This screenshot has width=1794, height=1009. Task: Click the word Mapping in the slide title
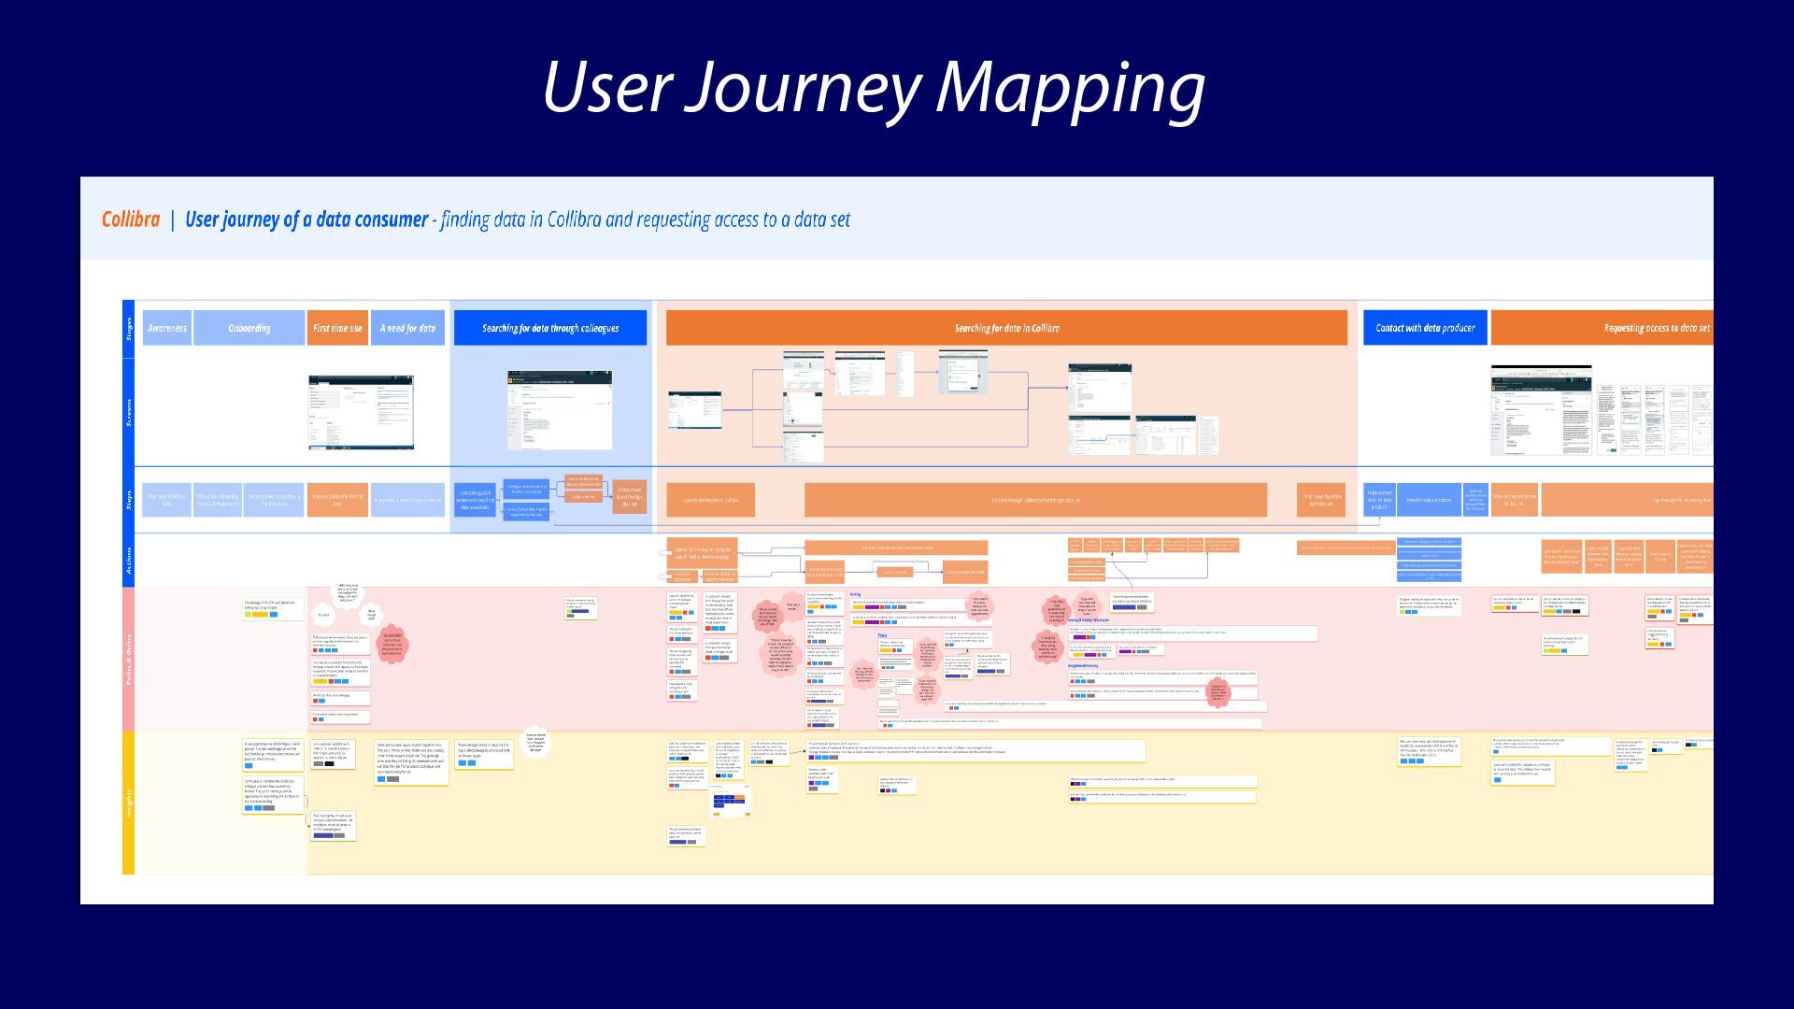click(x=1070, y=88)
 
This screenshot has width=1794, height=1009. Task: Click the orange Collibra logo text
click(x=131, y=220)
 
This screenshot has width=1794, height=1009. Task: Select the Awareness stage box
click(x=167, y=328)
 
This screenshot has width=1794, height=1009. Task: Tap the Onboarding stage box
click(x=249, y=328)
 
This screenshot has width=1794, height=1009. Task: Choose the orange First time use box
click(x=337, y=328)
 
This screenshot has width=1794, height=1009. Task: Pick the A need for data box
click(x=407, y=328)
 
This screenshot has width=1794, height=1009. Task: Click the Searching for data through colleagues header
click(x=550, y=328)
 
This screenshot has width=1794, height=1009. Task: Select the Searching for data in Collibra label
click(x=1006, y=328)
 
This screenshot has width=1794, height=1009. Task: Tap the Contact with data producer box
click(x=1425, y=328)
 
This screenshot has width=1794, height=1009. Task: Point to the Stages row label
click(x=129, y=329)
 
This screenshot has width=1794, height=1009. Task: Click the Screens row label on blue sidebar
click(x=129, y=412)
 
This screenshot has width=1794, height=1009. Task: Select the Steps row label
click(x=129, y=500)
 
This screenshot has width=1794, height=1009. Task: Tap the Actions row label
click(x=129, y=561)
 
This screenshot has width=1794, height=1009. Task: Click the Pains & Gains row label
click(x=129, y=659)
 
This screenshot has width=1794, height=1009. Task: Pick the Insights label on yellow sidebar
click(x=129, y=803)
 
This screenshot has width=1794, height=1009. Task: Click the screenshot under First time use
click(x=361, y=412)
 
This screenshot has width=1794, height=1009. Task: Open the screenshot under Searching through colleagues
click(x=560, y=410)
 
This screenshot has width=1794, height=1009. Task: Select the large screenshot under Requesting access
click(x=1541, y=410)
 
